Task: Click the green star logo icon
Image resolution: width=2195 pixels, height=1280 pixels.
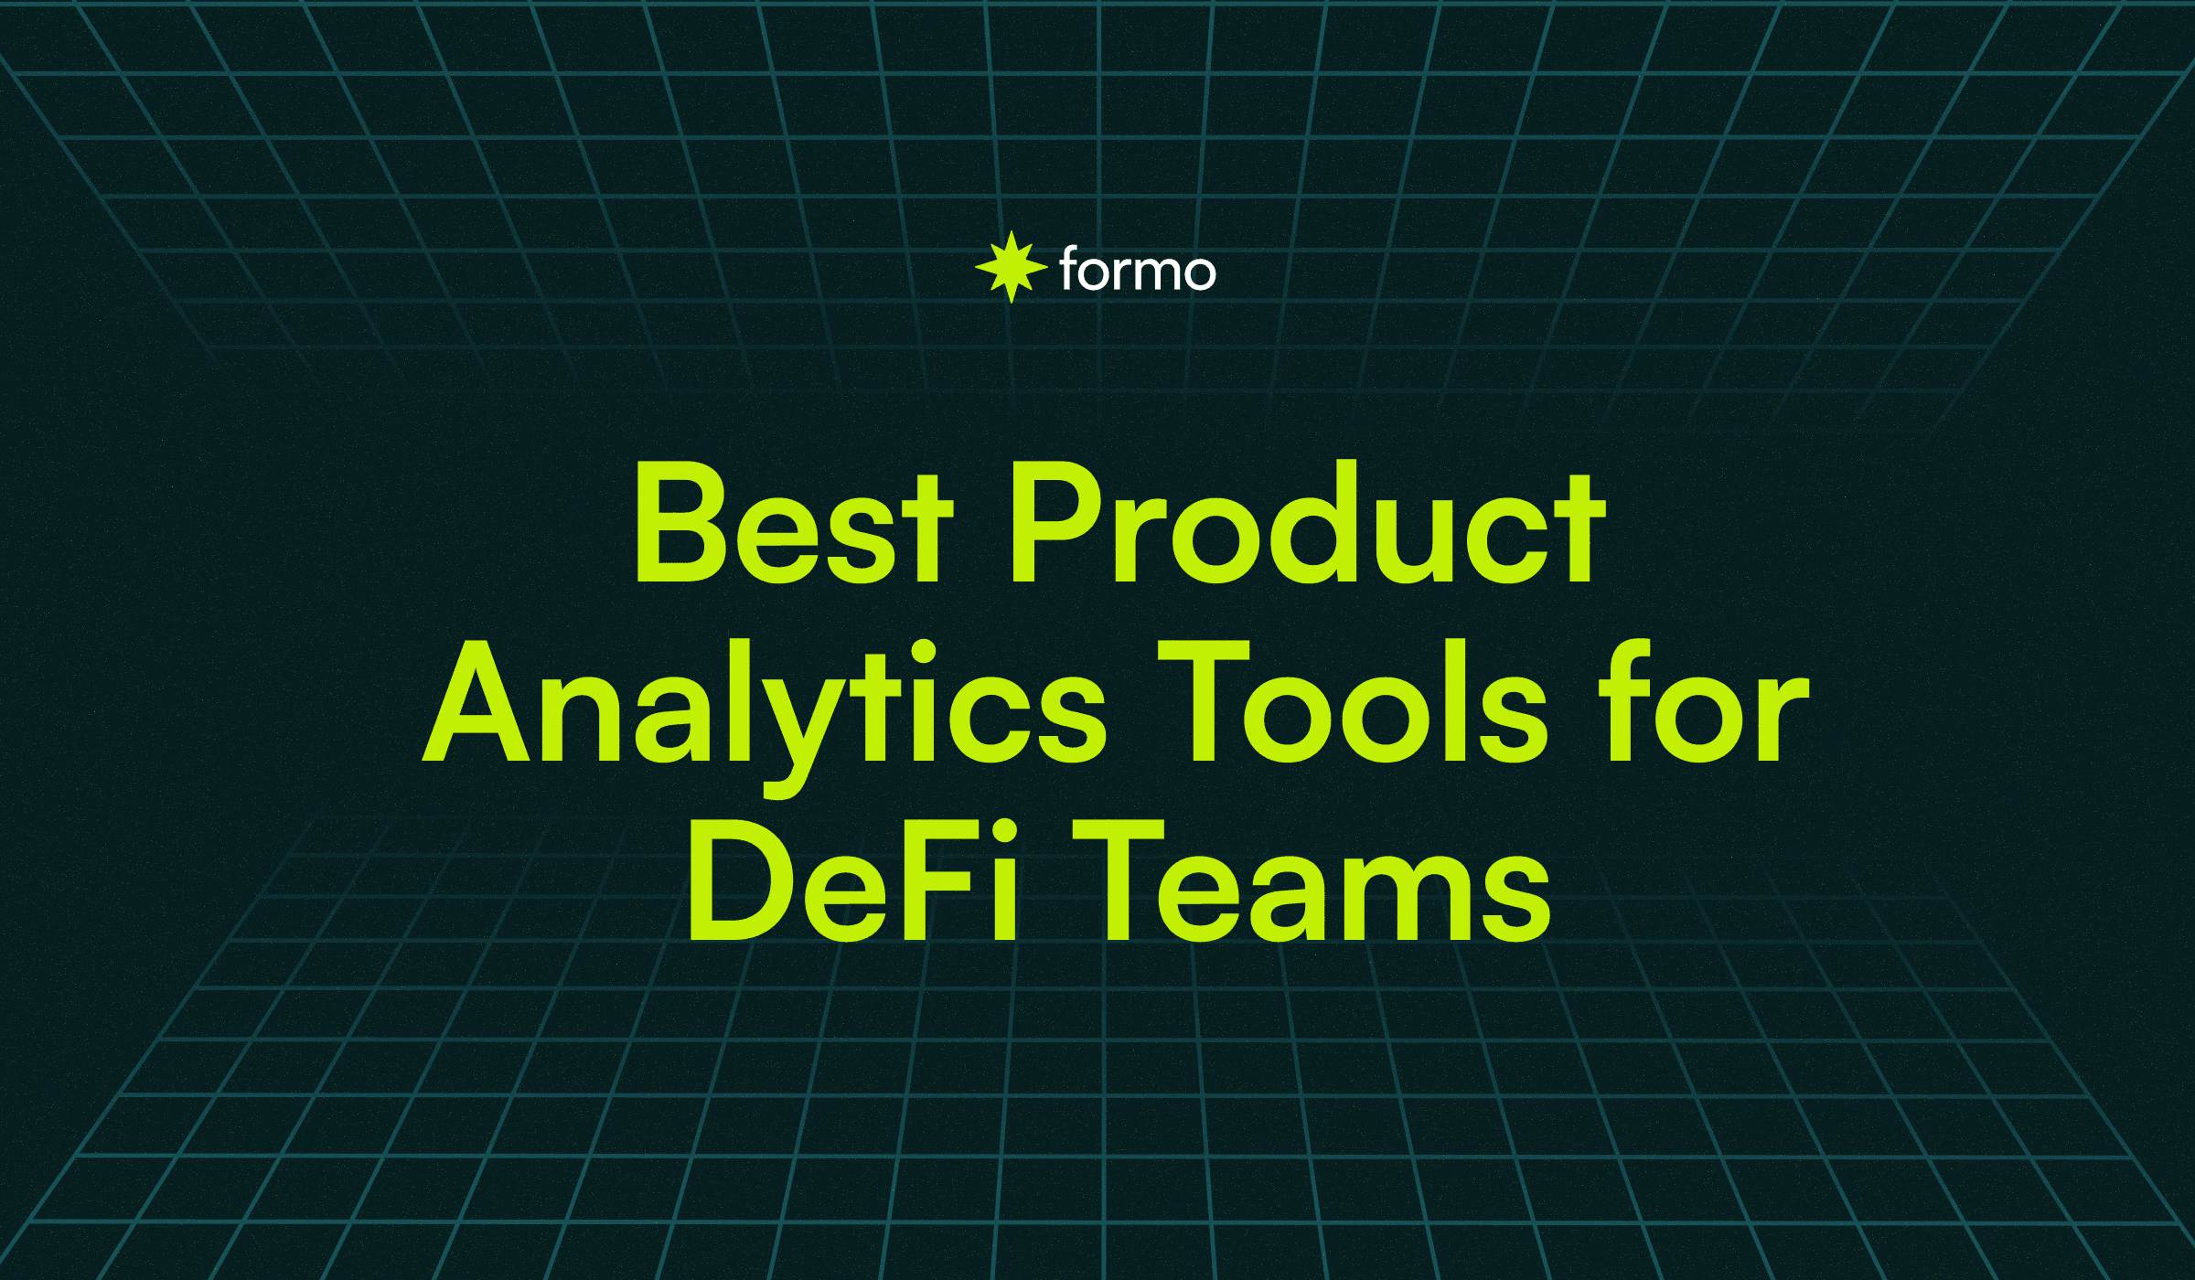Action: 1011,267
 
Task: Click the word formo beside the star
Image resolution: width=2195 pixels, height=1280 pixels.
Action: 1138,270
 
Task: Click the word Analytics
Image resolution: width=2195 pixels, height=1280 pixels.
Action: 765,704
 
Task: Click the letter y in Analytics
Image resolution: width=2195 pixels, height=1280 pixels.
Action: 800,722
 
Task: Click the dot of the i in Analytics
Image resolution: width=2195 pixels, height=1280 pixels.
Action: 923,652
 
